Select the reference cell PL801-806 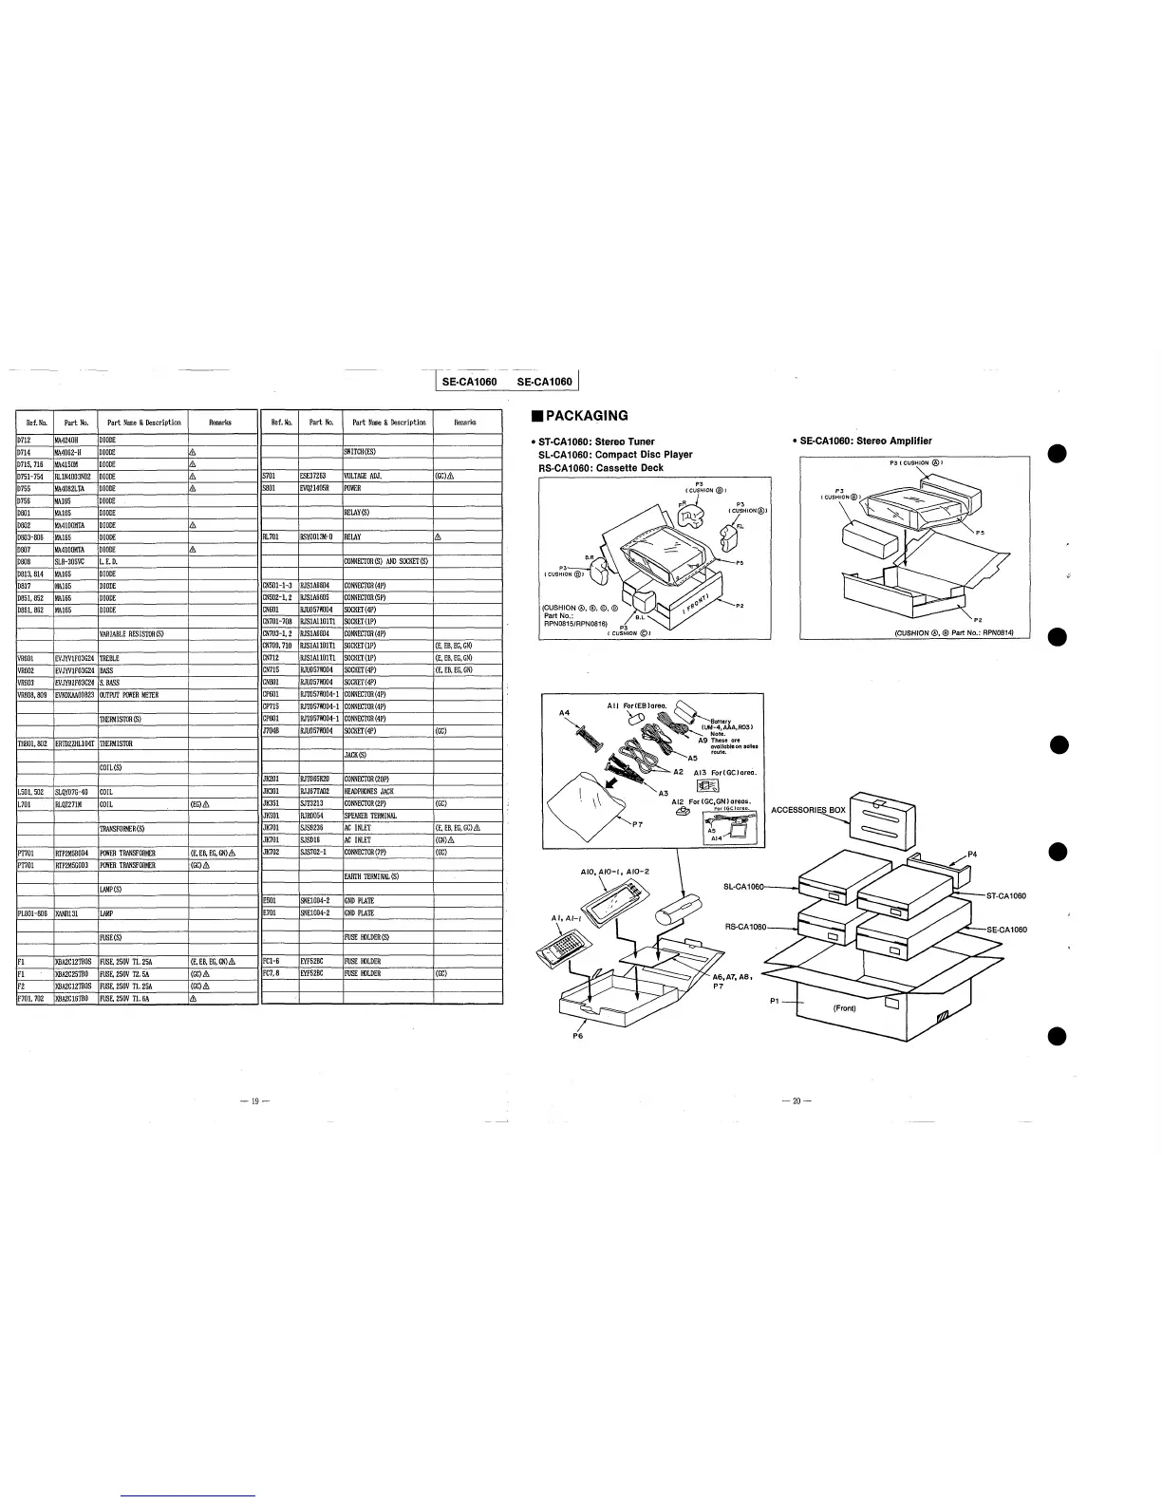33,913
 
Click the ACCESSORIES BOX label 808,810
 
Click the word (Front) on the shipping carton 847,1007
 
